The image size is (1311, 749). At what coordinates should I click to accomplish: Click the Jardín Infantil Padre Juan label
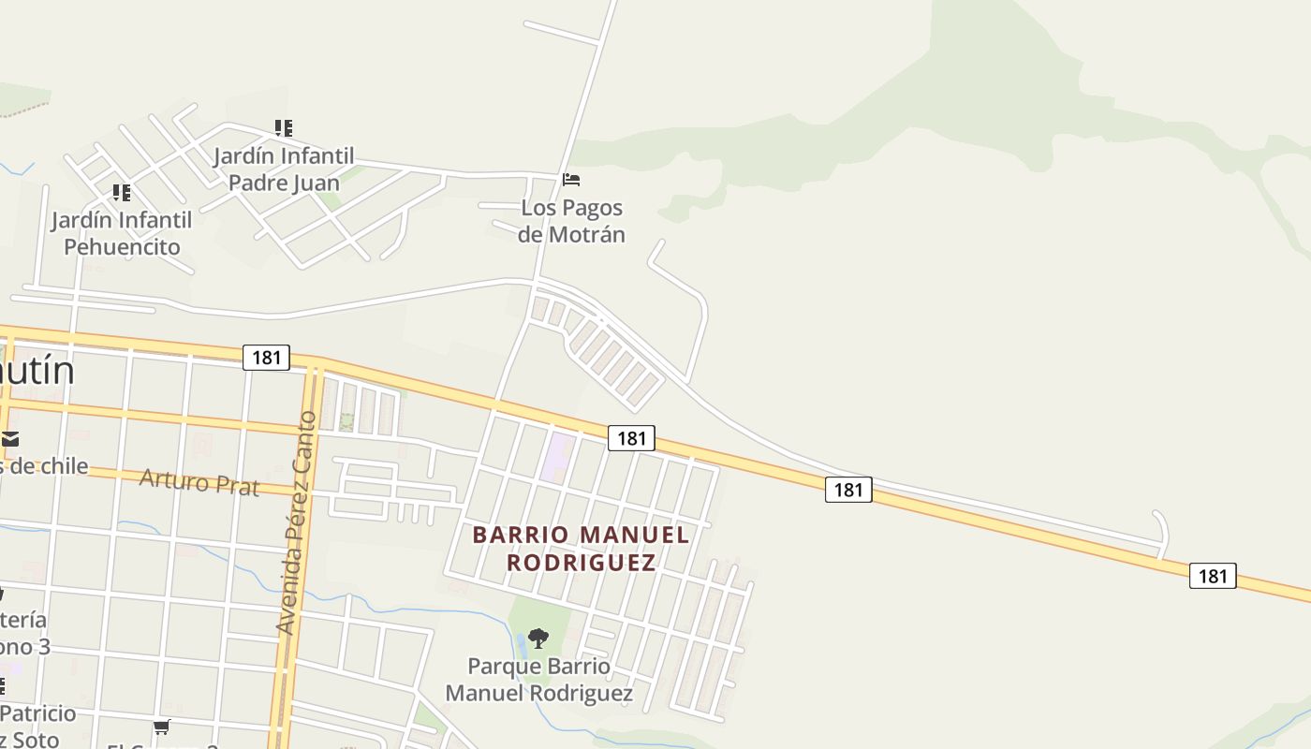coord(284,169)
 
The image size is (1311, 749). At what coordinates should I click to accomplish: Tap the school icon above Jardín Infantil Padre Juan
coord(284,128)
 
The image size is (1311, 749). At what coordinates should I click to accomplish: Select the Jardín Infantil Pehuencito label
coord(122,233)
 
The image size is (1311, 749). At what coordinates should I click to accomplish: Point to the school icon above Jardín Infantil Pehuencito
coord(122,193)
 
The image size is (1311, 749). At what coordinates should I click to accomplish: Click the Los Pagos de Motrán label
coord(571,221)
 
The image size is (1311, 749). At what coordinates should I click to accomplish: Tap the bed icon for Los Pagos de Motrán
coord(571,180)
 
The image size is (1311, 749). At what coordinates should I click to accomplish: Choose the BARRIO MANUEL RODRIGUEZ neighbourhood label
coord(581,549)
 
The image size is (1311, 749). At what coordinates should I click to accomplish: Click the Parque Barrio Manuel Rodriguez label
coord(538,680)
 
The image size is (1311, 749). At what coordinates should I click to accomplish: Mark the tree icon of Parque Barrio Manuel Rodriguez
coord(538,639)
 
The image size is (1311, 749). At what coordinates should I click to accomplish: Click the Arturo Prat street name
coord(199,482)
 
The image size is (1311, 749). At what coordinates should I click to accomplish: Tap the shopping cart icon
coord(161,727)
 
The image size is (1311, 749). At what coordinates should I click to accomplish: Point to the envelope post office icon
coord(10,439)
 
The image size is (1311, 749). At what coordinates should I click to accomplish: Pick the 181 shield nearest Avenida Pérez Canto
coord(266,357)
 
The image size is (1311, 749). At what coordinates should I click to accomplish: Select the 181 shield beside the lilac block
coord(631,437)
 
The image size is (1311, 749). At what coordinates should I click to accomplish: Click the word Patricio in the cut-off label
coord(39,713)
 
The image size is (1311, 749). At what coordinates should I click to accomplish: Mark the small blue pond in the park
coord(521,644)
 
